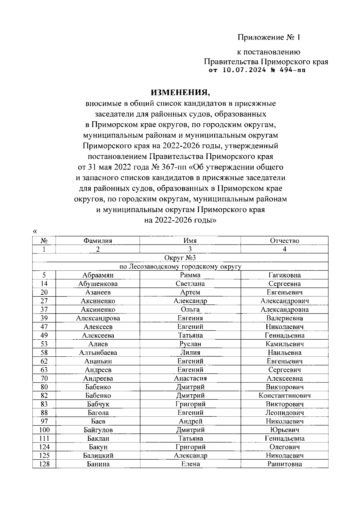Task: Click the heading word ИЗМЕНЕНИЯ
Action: (180, 91)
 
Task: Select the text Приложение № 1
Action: (269, 37)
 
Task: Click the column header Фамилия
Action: (98, 241)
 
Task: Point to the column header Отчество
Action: (284, 241)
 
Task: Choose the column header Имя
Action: (190, 241)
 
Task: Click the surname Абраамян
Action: (98, 275)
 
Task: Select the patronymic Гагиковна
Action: (284, 275)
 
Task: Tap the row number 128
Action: (44, 464)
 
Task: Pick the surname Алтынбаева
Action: (98, 352)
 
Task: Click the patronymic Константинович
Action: (284, 395)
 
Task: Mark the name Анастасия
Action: (190, 378)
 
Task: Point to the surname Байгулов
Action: (98, 430)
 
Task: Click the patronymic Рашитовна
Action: (284, 464)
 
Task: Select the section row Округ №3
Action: (180, 258)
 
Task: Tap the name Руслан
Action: (190, 344)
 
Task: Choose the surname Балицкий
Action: (98, 456)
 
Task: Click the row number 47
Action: (44, 327)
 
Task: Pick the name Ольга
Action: (190, 310)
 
